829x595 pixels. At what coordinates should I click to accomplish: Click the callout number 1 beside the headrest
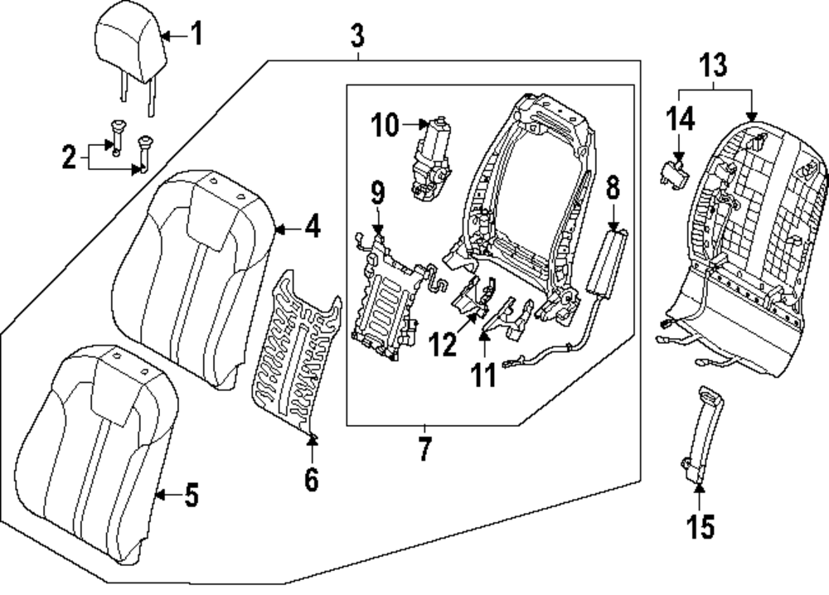tap(196, 33)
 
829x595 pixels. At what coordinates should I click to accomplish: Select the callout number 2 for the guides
tap(70, 157)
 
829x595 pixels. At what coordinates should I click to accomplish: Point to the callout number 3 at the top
tap(357, 35)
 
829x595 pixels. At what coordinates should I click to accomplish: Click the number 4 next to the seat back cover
tap(313, 227)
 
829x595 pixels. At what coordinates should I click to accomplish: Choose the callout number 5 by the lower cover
tap(191, 495)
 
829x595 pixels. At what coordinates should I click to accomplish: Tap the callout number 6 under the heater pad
tap(312, 479)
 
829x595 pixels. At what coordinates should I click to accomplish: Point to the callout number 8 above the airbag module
tap(613, 187)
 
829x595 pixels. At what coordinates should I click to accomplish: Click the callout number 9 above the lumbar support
tap(377, 193)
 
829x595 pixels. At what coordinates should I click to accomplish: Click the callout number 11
tap(484, 375)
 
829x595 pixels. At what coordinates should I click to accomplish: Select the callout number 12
tap(443, 345)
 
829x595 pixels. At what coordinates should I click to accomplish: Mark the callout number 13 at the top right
tap(713, 65)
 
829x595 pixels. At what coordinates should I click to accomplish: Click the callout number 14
tap(680, 119)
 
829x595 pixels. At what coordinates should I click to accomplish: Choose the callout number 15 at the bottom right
tap(701, 525)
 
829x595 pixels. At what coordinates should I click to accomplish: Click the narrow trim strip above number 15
tap(702, 434)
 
